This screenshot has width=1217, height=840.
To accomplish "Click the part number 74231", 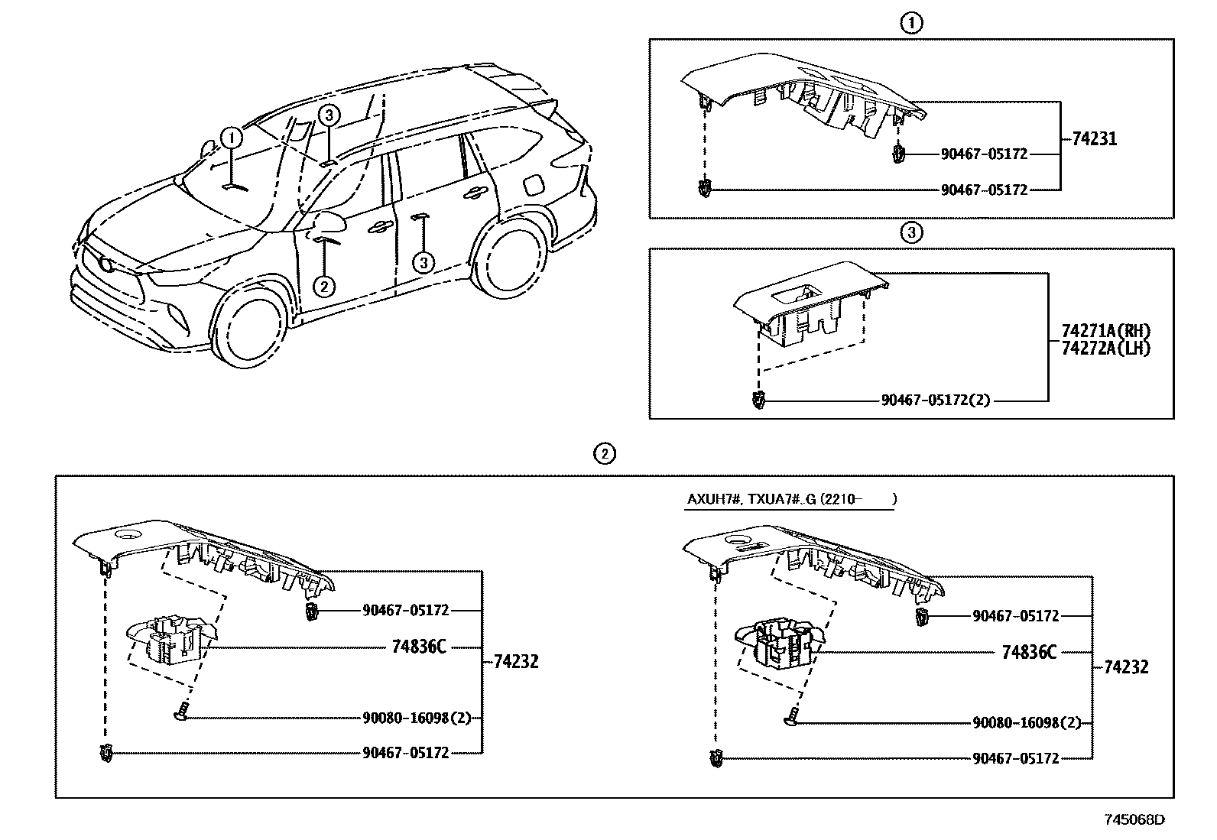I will pyautogui.click(x=1094, y=139).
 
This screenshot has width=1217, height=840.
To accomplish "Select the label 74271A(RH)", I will pyautogui.click(x=1105, y=332).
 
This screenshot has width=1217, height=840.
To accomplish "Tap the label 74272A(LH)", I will pyautogui.click(x=1105, y=348).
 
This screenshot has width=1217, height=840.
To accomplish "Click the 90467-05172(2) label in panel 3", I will pyautogui.click(x=935, y=400).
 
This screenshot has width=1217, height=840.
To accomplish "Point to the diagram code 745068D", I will pyautogui.click(x=1134, y=820).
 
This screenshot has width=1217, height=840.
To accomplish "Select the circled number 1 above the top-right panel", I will pyautogui.click(x=911, y=24).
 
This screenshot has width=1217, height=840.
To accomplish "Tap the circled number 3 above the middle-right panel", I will pyautogui.click(x=911, y=232).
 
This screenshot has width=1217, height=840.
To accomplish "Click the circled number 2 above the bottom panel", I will pyautogui.click(x=604, y=453).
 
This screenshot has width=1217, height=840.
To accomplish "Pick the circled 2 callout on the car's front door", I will pyautogui.click(x=324, y=286).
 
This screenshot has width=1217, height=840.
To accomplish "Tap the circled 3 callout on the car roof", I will pyautogui.click(x=328, y=115).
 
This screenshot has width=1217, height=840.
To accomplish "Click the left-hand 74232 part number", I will pyautogui.click(x=515, y=662).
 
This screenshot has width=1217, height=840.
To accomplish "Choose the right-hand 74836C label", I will pyautogui.click(x=1029, y=652).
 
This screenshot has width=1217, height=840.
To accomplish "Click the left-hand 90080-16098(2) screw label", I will pyautogui.click(x=417, y=718).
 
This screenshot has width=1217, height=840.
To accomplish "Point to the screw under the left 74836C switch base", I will pyautogui.click(x=180, y=714).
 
